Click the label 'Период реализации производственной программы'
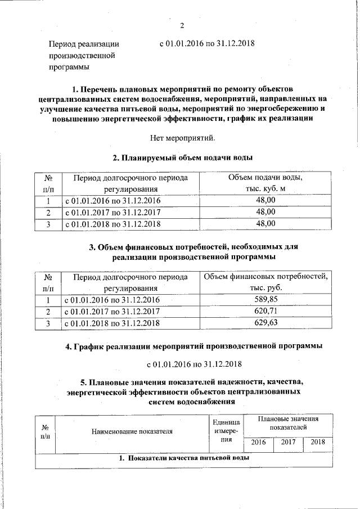[x=84, y=55]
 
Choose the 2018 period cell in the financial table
[x=112, y=323]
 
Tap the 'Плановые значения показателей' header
[x=288, y=423]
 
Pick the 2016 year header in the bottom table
[x=258, y=442]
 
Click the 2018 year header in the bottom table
[x=318, y=442]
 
